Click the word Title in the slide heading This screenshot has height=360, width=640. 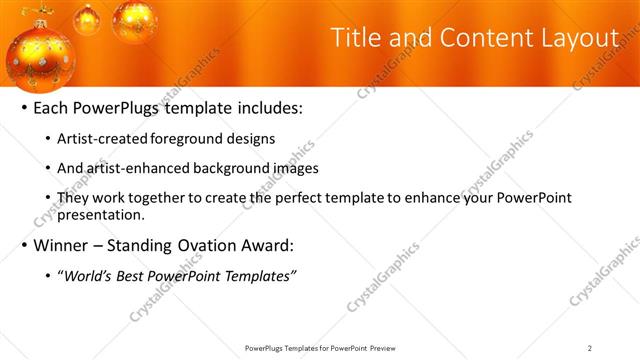click(352, 39)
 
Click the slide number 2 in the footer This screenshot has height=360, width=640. click(590, 348)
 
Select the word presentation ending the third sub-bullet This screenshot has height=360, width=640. click(107, 214)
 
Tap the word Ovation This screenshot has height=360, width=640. click(207, 245)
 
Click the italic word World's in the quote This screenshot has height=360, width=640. click(93, 276)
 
